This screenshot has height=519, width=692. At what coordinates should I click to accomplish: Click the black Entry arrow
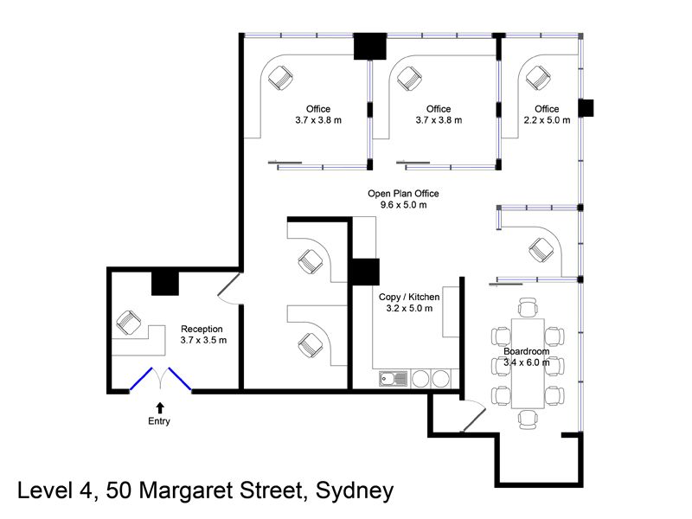[x=160, y=407]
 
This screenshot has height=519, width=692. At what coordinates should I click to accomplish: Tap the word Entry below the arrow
[x=159, y=421]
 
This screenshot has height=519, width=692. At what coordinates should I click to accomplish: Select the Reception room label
[x=202, y=329]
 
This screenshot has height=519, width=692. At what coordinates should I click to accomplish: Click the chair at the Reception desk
[x=128, y=322]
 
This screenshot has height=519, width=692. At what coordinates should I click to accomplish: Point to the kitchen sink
[x=394, y=379]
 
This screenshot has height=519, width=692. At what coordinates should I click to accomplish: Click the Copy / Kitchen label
[x=409, y=297]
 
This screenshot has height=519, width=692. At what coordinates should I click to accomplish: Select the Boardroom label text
[x=527, y=351]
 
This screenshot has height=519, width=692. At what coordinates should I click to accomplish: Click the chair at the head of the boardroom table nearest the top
[x=528, y=307]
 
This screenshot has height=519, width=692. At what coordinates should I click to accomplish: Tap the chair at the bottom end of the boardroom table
[x=528, y=420]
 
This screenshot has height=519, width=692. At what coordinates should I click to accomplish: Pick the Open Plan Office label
[x=403, y=194]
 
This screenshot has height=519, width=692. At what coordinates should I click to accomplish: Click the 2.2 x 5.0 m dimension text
[x=547, y=120]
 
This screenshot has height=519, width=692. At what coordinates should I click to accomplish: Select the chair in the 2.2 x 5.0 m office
[x=538, y=78]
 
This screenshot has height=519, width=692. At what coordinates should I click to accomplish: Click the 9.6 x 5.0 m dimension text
[x=403, y=205]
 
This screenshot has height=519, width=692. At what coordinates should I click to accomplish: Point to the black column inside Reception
[x=165, y=284]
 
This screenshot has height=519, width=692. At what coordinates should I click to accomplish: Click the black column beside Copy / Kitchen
[x=364, y=272]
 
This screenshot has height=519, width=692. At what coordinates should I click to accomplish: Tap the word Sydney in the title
[x=355, y=491]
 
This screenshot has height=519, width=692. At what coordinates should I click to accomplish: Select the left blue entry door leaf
[x=141, y=379]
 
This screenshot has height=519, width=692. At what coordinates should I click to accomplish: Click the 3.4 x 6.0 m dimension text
[x=527, y=362]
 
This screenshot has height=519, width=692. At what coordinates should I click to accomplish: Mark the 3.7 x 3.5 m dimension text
[x=203, y=340]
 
